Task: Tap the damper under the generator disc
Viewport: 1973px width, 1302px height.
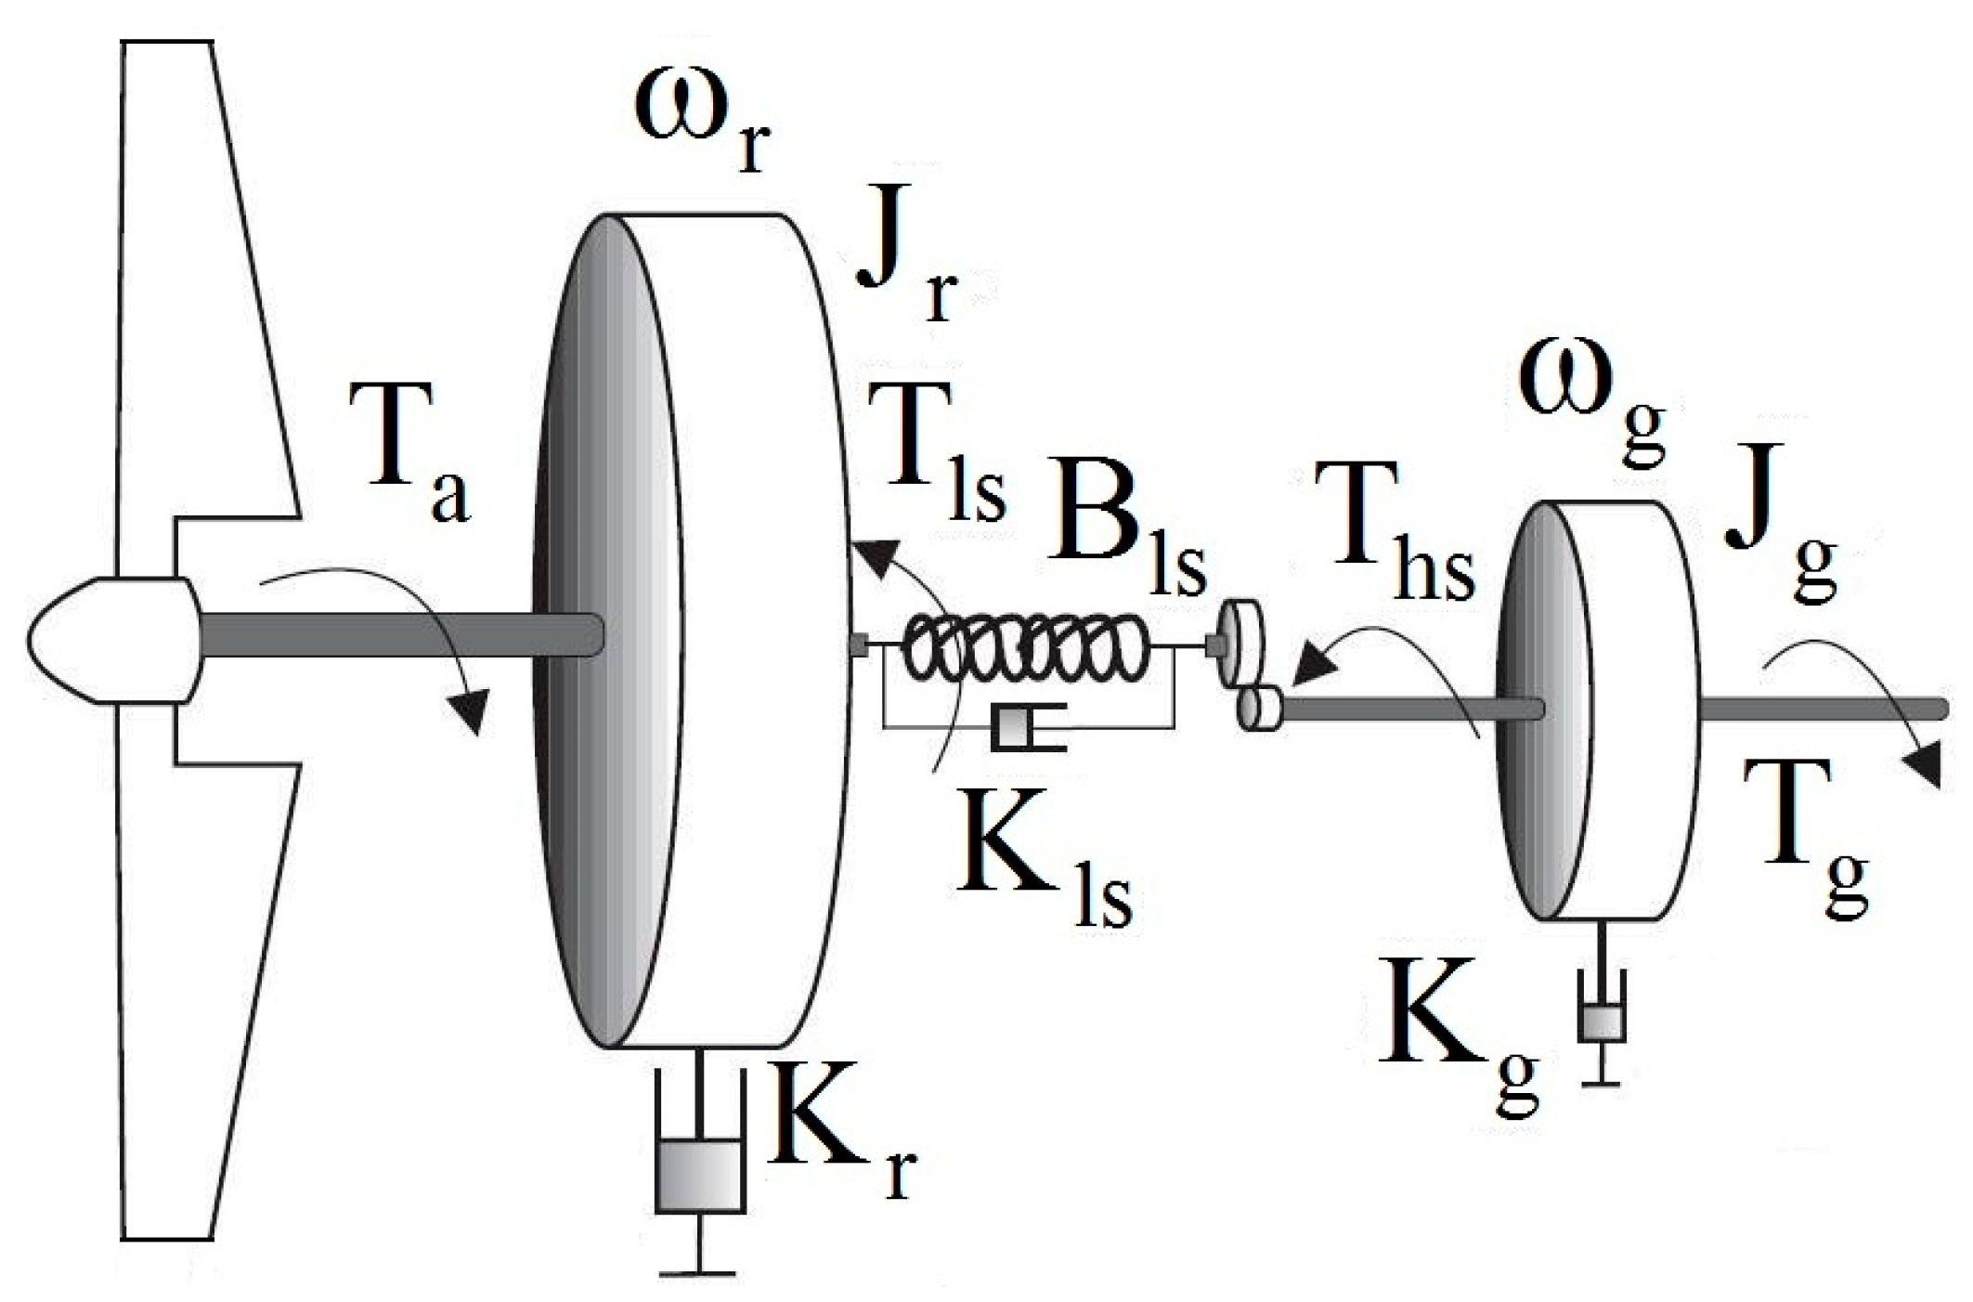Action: [1602, 1022]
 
